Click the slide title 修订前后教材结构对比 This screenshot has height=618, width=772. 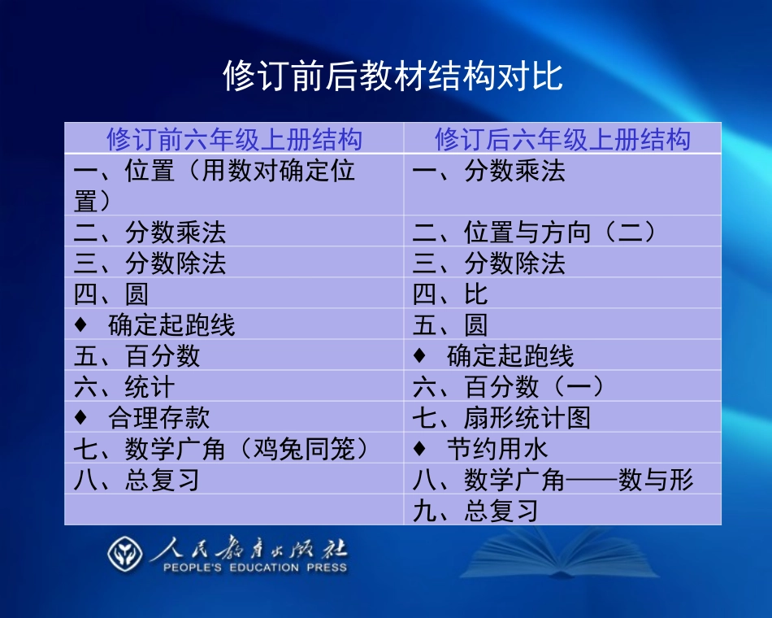(393, 77)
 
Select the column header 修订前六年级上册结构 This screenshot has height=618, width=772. (234, 139)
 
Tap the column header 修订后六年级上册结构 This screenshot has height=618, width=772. (562, 139)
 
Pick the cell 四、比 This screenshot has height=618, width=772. (451, 294)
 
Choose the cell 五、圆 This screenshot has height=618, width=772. (451, 325)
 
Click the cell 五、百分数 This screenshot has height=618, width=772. (137, 356)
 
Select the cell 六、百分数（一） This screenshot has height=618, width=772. (509, 387)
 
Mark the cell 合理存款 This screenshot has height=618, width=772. (158, 418)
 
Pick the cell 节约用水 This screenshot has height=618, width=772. (497, 449)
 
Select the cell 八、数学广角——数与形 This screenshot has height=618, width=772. (553, 480)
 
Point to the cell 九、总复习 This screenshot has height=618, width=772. (475, 511)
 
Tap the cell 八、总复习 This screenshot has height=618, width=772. (137, 480)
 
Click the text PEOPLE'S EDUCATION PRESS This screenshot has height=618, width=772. (254, 568)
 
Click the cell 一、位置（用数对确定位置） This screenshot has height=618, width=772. (215, 185)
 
